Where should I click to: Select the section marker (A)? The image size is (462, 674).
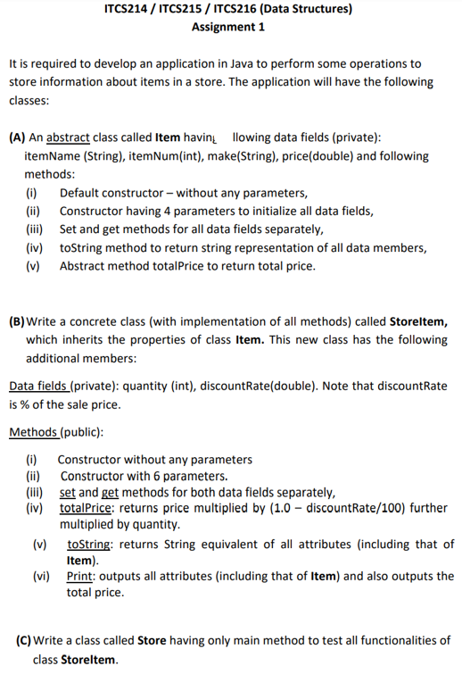click(16, 138)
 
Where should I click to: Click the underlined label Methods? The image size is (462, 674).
click(32, 432)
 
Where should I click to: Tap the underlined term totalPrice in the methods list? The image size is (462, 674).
click(86, 506)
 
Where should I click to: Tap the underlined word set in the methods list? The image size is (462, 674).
click(67, 491)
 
